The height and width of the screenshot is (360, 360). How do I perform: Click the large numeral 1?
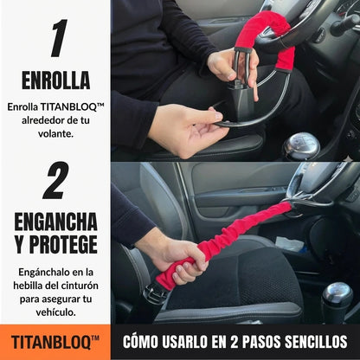pyautogui.click(x=56, y=38)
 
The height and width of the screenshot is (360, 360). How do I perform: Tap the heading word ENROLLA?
pyautogui.click(x=55, y=80)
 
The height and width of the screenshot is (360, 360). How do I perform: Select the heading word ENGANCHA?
pyautogui.click(x=55, y=221)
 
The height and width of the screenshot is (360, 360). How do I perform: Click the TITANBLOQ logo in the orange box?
pyautogui.click(x=55, y=341)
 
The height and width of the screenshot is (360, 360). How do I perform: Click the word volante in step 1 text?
pyautogui.click(x=55, y=134)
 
